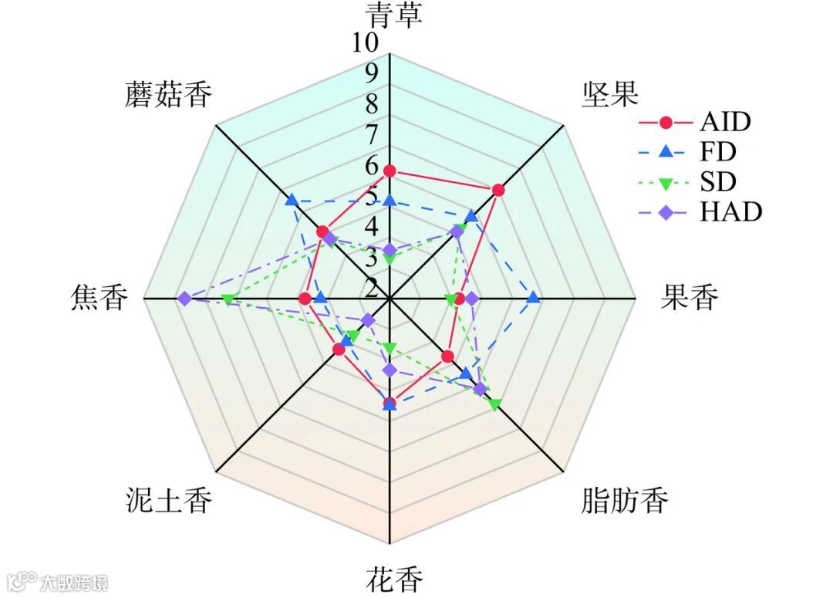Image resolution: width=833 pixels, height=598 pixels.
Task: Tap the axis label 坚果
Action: point(610,95)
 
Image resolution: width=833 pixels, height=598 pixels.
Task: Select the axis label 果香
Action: point(690,297)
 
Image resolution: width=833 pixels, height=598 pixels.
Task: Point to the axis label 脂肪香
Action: point(624,502)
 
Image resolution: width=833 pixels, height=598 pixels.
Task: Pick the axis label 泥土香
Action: point(168,502)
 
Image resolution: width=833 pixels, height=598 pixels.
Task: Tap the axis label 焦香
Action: point(97,297)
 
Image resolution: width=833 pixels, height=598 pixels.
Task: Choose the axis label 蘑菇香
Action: point(168,95)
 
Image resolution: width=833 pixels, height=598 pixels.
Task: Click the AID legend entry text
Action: point(725,121)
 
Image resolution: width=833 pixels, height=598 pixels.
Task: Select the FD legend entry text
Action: point(718,151)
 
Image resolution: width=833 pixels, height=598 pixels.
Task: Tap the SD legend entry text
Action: point(718,181)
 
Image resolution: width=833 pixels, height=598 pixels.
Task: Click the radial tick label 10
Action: point(366,44)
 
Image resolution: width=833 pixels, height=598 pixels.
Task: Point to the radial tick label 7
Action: point(372,134)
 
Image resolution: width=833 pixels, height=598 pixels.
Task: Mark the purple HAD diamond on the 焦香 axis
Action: point(184,299)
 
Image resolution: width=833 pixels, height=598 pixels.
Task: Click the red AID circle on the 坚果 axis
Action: point(498,191)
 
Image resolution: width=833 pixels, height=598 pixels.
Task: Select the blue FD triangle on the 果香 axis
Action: point(533,298)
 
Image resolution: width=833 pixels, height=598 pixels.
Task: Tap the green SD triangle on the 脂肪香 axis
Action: point(494,404)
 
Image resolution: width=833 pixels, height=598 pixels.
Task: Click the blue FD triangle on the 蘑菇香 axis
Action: point(291,201)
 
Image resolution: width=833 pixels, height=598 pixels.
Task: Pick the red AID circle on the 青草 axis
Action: point(390,171)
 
